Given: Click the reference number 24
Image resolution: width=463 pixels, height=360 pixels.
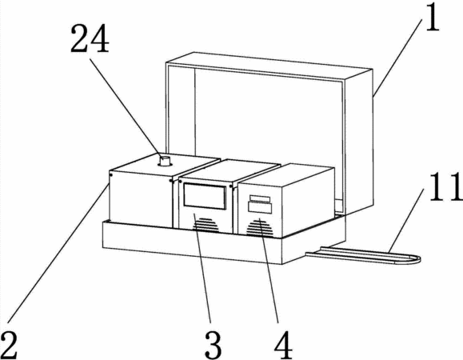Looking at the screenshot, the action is [x=90, y=39].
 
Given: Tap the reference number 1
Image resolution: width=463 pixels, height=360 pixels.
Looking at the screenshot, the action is [x=432, y=17].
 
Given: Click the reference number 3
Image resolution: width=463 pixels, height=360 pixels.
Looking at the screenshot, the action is [x=214, y=345].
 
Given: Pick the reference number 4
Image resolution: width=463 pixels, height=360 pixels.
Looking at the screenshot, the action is [x=283, y=345].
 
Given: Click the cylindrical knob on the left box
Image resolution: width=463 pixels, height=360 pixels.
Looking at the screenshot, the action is [x=165, y=162].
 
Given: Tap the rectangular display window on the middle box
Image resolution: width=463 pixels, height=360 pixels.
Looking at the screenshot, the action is [x=205, y=196].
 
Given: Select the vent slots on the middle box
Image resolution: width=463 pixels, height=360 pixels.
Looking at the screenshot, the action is [x=206, y=225].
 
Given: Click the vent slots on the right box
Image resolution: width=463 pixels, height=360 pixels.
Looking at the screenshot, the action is [x=260, y=228].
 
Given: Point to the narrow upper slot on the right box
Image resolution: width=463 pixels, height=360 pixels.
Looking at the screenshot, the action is [x=260, y=198].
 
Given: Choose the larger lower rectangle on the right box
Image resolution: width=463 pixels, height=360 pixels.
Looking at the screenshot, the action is [x=260, y=207].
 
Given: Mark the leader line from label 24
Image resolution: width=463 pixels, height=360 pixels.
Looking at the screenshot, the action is [x=126, y=108].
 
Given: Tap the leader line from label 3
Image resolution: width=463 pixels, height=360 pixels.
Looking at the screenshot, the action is [x=202, y=268].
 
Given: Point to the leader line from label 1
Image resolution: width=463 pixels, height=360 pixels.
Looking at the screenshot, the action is [x=397, y=56].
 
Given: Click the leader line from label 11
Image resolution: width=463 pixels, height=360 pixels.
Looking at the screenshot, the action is [x=406, y=220].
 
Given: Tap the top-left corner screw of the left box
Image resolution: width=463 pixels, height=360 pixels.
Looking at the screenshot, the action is [x=110, y=175].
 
